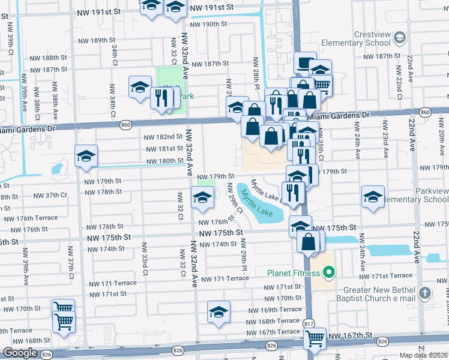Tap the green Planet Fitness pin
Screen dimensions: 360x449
point(328,274)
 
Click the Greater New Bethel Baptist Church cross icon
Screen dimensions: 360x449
point(424,293)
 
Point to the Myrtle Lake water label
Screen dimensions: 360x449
point(256,203)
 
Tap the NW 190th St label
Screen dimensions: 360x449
point(208,25)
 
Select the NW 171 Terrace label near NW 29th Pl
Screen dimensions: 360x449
point(224,279)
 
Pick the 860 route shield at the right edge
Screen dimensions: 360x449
point(425,113)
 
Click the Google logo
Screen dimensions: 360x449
point(20,353)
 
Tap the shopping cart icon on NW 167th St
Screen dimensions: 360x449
point(315,339)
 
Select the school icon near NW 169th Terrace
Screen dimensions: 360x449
point(218,312)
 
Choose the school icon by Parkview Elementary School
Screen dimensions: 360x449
point(373,197)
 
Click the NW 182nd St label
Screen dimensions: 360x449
point(164,137)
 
